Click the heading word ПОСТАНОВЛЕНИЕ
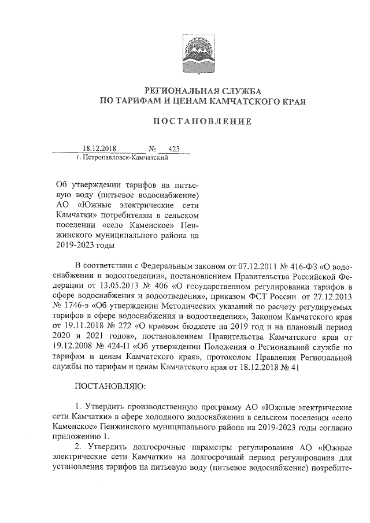coord(202,122)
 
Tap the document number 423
coord(173,149)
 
